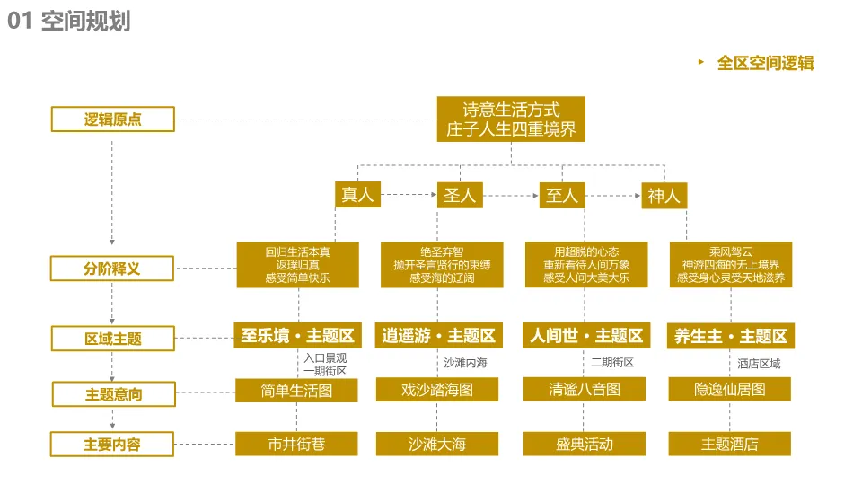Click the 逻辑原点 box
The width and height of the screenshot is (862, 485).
click(113, 119)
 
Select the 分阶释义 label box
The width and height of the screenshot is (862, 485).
click(112, 269)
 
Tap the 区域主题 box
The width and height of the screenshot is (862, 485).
click(113, 339)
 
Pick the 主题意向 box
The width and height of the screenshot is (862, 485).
click(114, 394)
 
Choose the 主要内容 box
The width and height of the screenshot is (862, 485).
click(112, 445)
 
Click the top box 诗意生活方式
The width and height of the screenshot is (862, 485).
click(511, 119)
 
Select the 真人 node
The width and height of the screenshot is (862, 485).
click(358, 195)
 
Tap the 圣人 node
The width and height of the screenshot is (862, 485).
click(460, 195)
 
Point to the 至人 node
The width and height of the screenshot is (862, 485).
click(562, 195)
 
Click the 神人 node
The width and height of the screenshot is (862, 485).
click(664, 196)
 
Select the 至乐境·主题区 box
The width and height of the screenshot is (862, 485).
click(297, 335)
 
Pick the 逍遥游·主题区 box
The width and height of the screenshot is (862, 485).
click(439, 335)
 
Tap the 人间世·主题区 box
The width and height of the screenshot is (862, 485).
click(586, 335)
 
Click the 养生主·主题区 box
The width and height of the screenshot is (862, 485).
click(731, 336)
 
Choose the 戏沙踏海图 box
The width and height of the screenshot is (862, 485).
click(437, 389)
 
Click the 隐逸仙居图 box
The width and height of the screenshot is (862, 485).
click(729, 389)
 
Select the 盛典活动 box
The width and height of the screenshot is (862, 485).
click(585, 444)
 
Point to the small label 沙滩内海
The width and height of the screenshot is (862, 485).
click(466, 362)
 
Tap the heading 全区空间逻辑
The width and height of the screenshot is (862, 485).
click(766, 63)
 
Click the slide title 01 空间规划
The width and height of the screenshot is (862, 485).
click(69, 21)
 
